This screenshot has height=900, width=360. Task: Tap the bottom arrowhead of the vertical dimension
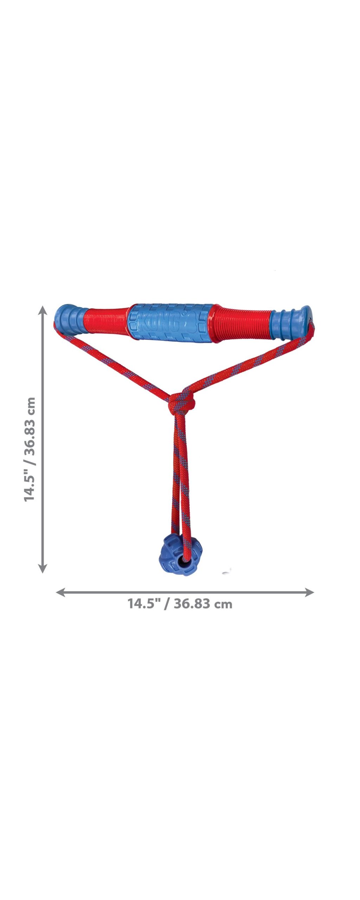(43, 568)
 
